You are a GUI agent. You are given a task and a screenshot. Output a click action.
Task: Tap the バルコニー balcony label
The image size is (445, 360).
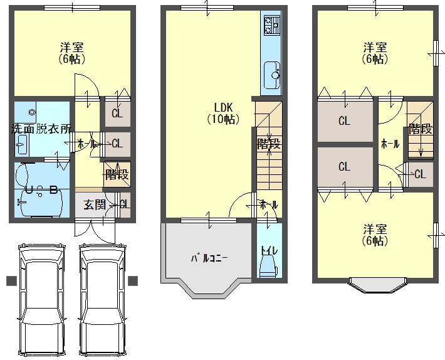(209, 257)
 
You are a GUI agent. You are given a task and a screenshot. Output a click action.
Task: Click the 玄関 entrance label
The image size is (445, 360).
(95, 204)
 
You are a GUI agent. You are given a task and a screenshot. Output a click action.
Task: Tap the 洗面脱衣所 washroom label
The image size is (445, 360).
(41, 128)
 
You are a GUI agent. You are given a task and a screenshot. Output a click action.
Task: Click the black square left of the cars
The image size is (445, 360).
(11, 280)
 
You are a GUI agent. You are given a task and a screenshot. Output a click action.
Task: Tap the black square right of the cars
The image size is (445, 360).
(132, 280)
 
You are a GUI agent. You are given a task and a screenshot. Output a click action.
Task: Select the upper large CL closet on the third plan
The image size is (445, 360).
(344, 121)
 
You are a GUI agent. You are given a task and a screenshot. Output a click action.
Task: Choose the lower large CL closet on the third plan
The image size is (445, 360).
(344, 167)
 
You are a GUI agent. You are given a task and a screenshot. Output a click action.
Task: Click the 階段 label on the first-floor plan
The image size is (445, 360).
(117, 174)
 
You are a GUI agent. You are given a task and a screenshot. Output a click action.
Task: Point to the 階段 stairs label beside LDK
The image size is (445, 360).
(268, 143)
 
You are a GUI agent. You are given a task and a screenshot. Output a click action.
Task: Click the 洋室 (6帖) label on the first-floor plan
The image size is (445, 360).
(73, 53)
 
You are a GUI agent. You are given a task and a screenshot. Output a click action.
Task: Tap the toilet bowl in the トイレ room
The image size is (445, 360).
(269, 267)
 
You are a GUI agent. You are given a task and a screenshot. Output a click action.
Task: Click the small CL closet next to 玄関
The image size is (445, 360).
(124, 204)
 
